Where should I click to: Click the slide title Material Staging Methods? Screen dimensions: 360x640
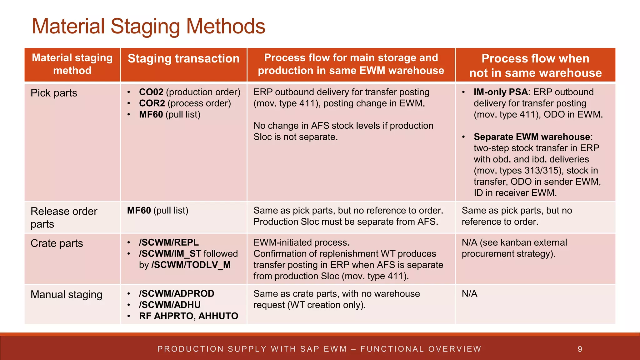tap(148, 26)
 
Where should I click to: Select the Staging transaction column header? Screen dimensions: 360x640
tap(184, 59)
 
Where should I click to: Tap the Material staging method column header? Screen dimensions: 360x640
tap(72, 64)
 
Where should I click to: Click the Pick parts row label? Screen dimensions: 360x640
tap(54, 93)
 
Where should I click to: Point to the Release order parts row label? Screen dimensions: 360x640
tap(64, 217)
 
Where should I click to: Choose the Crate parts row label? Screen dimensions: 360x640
tap(57, 243)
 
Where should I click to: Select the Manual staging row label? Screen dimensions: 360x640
tap(67, 295)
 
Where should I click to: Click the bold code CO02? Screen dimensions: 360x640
tap(151, 92)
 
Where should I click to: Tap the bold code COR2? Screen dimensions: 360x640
tap(152, 103)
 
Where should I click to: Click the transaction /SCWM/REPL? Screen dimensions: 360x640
tap(169, 242)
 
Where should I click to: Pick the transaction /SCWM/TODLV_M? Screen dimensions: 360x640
tap(191, 265)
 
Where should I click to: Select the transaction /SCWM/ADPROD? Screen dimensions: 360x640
tap(177, 294)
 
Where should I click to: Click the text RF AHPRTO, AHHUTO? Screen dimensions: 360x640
tap(188, 316)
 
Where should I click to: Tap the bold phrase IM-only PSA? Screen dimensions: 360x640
tap(501, 92)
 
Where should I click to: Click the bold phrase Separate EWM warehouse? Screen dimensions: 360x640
tap(532, 137)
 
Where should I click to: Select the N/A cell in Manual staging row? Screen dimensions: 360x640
tap(469, 294)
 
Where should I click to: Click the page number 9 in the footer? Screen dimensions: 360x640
tap(580, 349)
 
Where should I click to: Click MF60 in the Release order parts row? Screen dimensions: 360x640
tap(139, 211)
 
